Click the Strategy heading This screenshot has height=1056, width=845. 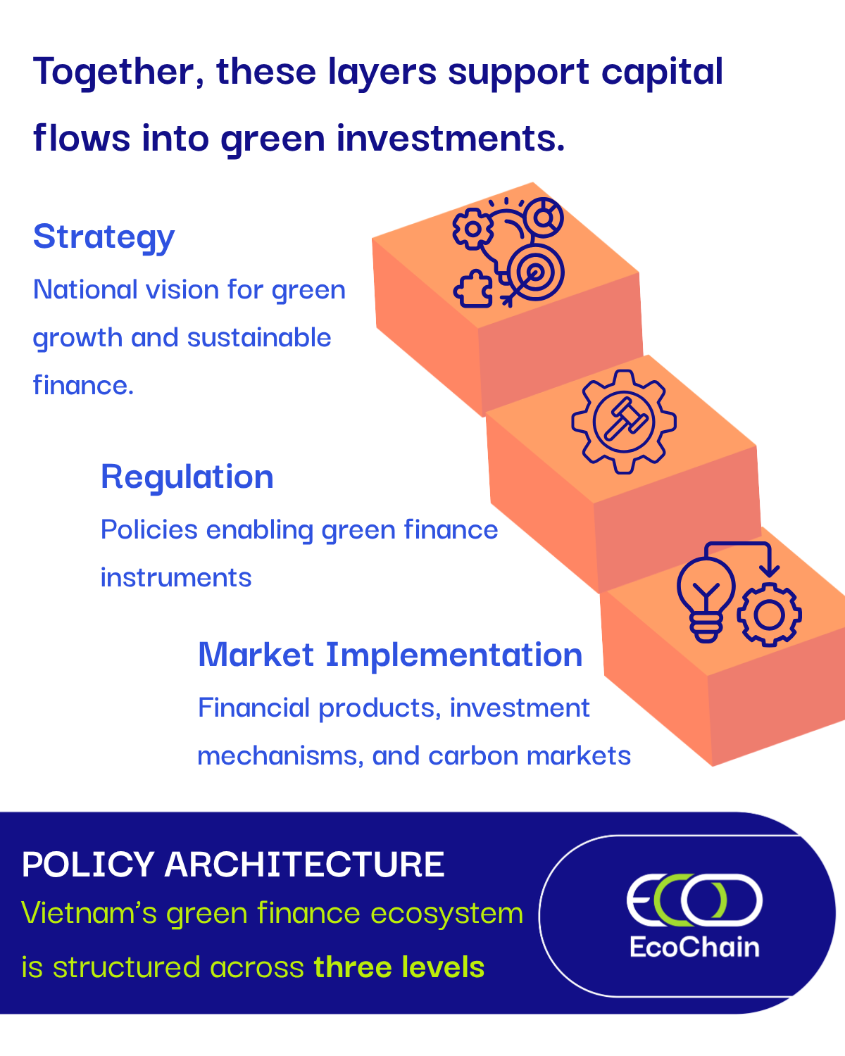104,237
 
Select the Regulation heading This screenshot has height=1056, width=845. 187,477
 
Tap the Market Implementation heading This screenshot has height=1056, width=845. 390,655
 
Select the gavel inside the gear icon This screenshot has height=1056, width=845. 625,419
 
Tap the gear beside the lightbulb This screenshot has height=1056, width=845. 769,615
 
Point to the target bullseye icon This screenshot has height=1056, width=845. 535,272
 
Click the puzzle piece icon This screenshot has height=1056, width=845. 473,289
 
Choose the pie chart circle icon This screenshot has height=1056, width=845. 543,218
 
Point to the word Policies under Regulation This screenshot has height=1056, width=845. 149,529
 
